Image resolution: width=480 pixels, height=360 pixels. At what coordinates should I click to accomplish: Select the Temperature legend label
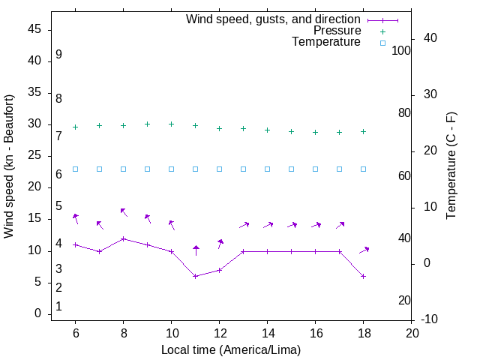click(x=326, y=42)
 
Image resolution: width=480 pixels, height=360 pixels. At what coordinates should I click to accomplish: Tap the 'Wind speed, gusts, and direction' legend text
click(x=274, y=19)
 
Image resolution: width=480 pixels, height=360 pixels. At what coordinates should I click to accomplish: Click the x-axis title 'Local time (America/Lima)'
click(x=231, y=349)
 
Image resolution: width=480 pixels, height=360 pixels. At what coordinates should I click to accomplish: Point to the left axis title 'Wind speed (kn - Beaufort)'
click(x=9, y=166)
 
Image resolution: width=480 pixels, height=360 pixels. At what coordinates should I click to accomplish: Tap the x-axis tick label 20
click(x=412, y=332)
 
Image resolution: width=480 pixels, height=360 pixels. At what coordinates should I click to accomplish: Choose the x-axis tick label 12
click(x=219, y=332)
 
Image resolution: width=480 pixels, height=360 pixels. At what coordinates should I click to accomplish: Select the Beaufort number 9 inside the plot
click(x=58, y=55)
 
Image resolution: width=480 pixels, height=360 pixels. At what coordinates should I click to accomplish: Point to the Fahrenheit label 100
click(x=401, y=50)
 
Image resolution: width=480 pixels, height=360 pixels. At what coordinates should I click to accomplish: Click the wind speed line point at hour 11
click(x=195, y=276)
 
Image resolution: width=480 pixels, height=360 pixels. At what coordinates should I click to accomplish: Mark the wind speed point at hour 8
click(x=123, y=238)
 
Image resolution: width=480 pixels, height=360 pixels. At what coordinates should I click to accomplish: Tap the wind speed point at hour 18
click(x=363, y=276)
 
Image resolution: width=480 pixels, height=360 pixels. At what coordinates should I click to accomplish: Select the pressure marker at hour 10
click(x=171, y=124)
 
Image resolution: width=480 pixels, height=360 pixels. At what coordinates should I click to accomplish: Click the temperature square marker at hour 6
click(x=75, y=169)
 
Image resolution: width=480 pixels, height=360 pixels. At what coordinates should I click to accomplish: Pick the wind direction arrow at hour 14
click(x=267, y=225)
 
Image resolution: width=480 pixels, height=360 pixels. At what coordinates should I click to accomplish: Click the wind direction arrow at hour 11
click(x=196, y=250)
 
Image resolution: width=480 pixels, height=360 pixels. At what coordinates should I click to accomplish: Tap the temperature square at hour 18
click(x=363, y=169)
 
